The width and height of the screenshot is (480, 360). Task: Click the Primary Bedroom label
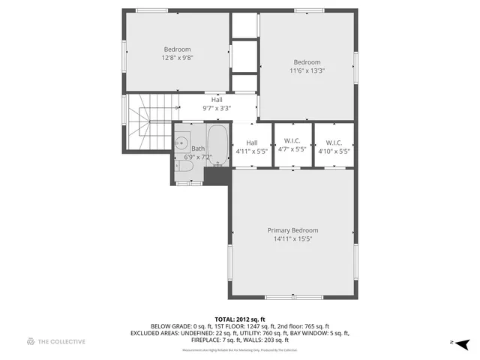click(x=292, y=230)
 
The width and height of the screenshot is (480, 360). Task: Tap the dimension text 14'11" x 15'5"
click(x=292, y=239)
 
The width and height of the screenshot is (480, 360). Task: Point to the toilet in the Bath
click(x=186, y=172)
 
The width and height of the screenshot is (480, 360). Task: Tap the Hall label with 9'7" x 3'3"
click(x=217, y=100)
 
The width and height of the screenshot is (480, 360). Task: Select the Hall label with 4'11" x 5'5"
click(x=252, y=142)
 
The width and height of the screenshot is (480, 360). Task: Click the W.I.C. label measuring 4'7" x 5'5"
click(x=292, y=142)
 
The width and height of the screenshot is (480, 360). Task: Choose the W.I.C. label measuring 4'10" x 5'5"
click(x=334, y=142)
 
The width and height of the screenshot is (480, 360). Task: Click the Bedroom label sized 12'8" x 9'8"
click(x=177, y=49)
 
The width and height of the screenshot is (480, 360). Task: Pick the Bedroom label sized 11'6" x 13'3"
click(x=307, y=62)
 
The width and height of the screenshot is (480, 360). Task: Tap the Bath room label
click(x=197, y=148)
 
